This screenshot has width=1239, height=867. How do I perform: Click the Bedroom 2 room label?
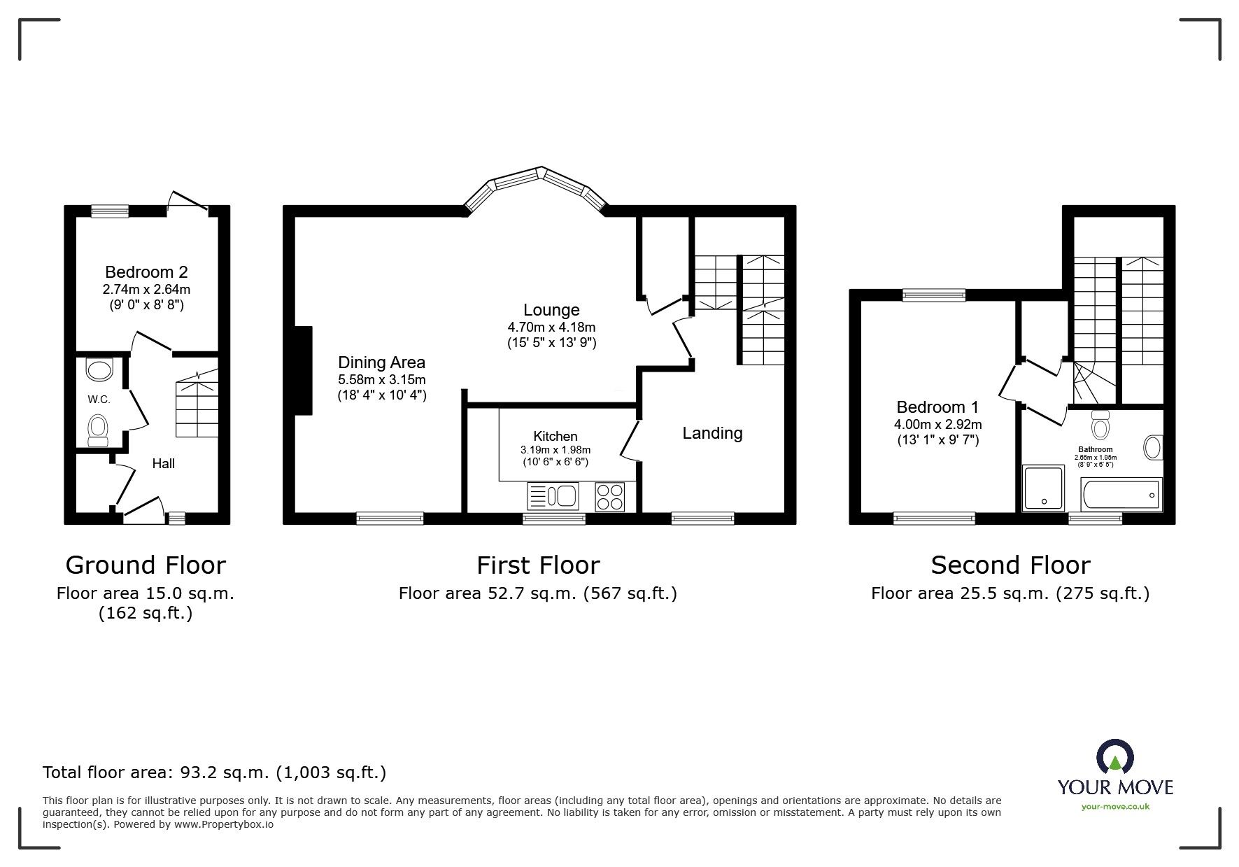point(146,272)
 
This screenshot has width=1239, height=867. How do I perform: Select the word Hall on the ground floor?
point(163,463)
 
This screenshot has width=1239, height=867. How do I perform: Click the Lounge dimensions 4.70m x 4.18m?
point(551,327)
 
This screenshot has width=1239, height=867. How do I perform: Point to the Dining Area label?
point(381,362)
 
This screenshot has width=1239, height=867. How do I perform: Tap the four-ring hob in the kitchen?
point(609,496)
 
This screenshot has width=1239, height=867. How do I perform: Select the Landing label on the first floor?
point(712,433)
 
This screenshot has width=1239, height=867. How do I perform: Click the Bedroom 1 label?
point(937,407)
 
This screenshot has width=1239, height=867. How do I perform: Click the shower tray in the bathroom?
point(1043,487)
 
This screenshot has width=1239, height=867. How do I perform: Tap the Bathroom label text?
point(1095,449)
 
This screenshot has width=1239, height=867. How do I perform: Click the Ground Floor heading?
point(146,565)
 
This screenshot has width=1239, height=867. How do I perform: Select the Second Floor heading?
point(1010,565)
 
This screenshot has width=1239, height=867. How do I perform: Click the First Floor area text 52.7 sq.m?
point(537,593)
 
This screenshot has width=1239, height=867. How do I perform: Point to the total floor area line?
point(214,773)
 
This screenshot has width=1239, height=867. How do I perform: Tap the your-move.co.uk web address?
point(1115,806)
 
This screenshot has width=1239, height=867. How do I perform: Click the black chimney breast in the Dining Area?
point(303,370)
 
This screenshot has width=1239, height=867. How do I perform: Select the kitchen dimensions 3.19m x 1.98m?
point(555,450)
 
